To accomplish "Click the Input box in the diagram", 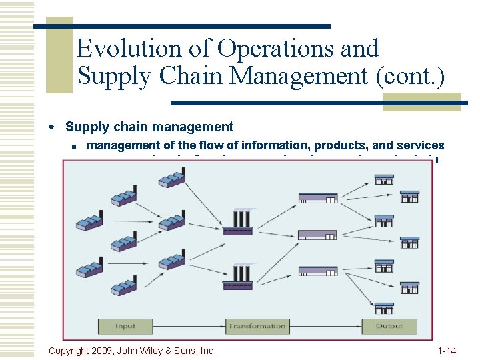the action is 125,326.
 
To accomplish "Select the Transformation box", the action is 257,326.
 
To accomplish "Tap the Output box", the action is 389,326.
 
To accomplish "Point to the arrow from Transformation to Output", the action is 323,326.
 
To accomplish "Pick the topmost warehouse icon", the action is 317,197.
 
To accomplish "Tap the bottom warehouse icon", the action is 317,271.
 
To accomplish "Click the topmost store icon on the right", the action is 384,179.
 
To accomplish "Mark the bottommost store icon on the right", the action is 384,308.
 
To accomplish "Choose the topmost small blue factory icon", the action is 171,177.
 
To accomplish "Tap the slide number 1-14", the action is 447,350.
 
